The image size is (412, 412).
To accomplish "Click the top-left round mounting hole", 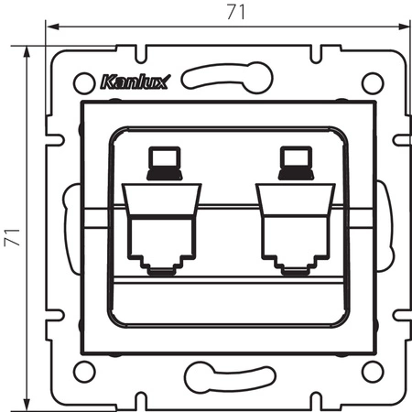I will tap(81, 81).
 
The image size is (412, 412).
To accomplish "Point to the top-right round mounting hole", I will tap(370, 81).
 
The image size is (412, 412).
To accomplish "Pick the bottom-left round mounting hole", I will tap(81, 372).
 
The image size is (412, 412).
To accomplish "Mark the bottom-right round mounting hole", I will tap(370, 372).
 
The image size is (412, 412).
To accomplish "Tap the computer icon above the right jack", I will tap(294, 163).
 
